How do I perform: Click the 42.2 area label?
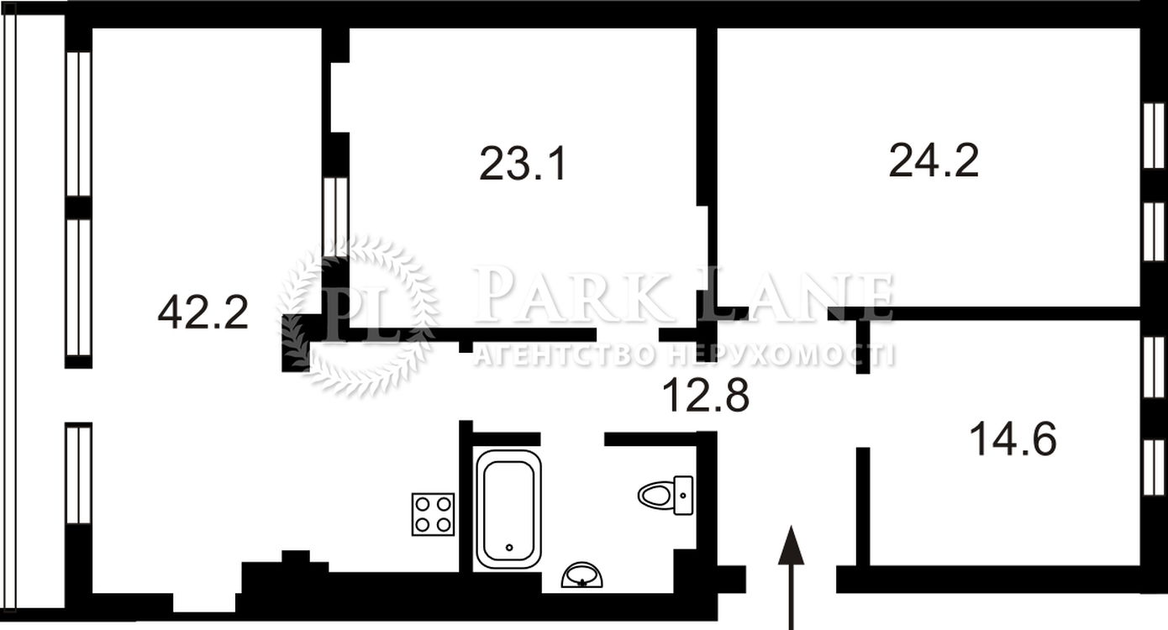click(x=203, y=312)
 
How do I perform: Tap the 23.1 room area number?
click(x=523, y=164)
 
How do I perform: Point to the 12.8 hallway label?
click(x=706, y=396)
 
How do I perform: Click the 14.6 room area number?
click(x=1013, y=439)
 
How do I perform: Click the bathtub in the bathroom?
click(x=508, y=509)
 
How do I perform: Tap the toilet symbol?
click(x=666, y=495)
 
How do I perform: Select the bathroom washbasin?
click(x=582, y=575)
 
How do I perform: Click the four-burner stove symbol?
click(x=433, y=514)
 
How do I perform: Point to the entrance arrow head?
click(x=791, y=545)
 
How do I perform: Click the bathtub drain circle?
click(x=509, y=548)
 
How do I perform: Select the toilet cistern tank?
click(x=683, y=495)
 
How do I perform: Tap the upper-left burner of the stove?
click(x=423, y=504)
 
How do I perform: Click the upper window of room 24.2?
click(x=1154, y=135)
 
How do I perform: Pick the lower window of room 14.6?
click(x=1154, y=467)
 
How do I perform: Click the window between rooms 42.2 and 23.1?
click(x=334, y=217)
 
